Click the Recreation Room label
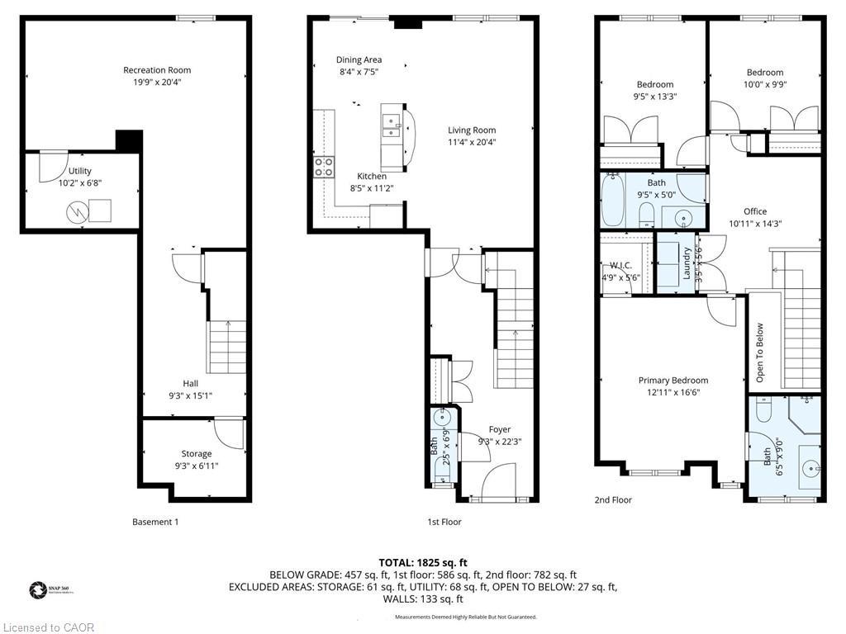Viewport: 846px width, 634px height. coord(157,70)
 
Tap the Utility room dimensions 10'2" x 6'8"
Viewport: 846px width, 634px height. coord(80,183)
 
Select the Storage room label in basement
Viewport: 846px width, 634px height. coord(197,453)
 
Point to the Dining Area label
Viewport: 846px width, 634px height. coord(359,60)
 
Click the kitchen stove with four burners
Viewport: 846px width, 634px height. coord(323,168)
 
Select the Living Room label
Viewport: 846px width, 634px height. coord(472,130)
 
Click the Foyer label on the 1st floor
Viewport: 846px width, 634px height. coord(499,429)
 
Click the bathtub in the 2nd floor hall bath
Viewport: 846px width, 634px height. coord(612,201)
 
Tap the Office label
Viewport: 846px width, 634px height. coord(754,211)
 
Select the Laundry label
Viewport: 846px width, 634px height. coord(687,263)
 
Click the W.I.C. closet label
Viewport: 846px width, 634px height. coord(620,266)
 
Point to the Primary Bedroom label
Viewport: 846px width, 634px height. coord(673,381)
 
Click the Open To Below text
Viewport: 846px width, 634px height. coord(759,352)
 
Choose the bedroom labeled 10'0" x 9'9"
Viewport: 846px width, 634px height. coord(764,78)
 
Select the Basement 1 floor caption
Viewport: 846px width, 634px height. coord(155,522)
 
